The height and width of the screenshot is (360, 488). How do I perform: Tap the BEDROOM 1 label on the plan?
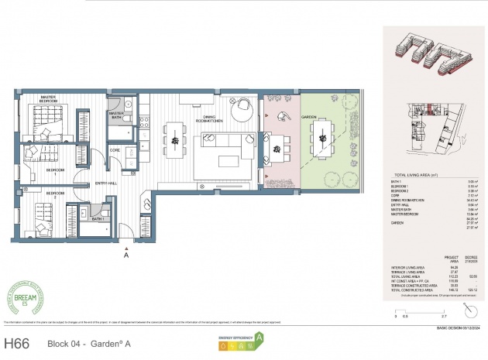pyautogui.click(x=55, y=170)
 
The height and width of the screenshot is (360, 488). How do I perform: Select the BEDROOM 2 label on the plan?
pyautogui.click(x=55, y=193)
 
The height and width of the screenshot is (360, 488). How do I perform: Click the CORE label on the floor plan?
pyautogui.click(x=115, y=149)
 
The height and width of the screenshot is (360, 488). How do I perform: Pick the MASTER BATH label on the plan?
pyautogui.click(x=116, y=114)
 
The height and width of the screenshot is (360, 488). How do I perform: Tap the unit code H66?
pyautogui.click(x=19, y=341)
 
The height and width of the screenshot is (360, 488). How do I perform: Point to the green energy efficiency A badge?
pyautogui.click(x=259, y=338)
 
